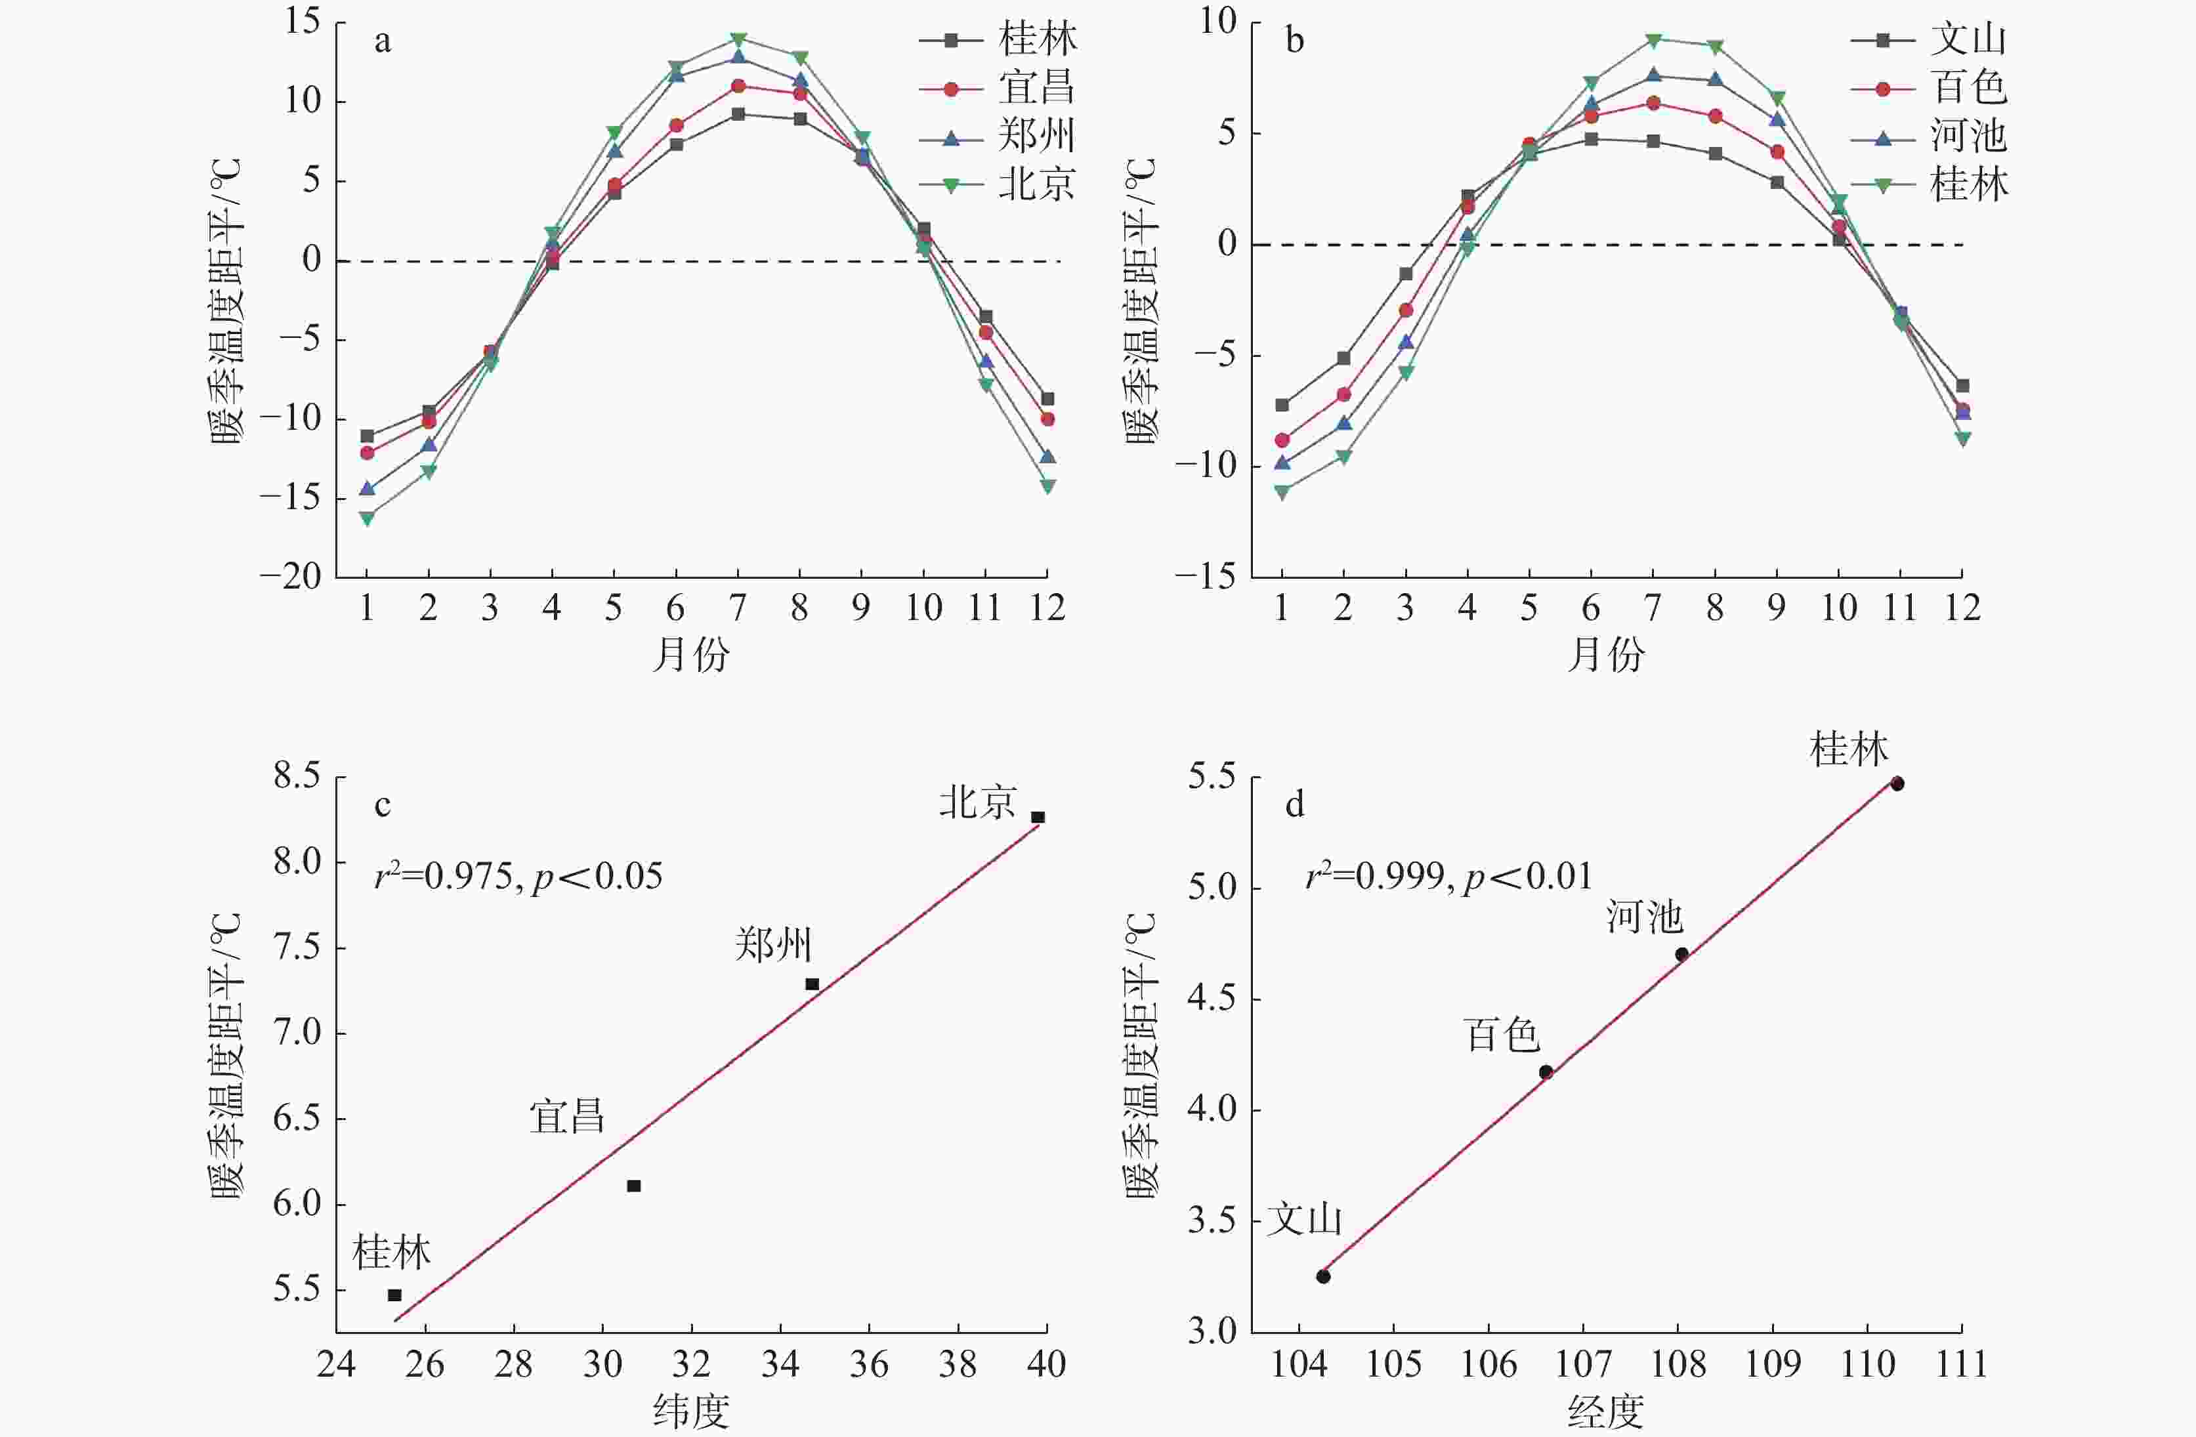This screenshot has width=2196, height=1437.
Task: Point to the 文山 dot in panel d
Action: pos(1323,1276)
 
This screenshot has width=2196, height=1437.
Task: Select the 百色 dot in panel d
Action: pos(1546,1072)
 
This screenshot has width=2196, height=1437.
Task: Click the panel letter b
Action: pos(1294,41)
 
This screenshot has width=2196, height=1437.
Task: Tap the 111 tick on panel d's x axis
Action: pos(1962,1364)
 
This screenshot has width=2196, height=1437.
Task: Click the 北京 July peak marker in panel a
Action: pos(738,39)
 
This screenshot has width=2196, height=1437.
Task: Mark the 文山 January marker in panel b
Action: pos(1282,405)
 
